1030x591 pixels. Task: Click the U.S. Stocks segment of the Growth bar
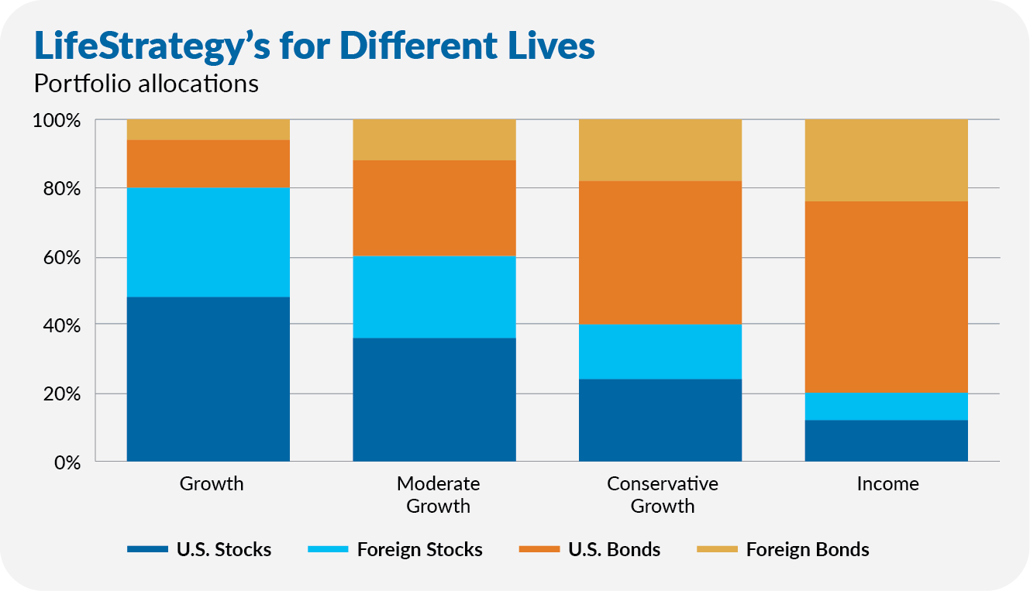click(208, 379)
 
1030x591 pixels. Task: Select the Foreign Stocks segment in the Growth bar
click(208, 242)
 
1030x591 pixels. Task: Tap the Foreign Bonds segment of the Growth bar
click(208, 129)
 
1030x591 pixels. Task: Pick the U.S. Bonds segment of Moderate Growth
click(434, 208)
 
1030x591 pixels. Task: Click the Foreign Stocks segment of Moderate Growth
click(434, 297)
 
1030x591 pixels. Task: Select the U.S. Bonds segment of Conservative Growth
click(660, 253)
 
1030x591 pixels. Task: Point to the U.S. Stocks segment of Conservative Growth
click(660, 420)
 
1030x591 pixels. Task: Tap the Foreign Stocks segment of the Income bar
click(887, 407)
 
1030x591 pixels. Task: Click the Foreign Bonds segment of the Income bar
click(887, 160)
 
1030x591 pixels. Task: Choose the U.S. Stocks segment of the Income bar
click(887, 441)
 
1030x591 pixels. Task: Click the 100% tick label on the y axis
click(57, 121)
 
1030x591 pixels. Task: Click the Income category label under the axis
click(887, 484)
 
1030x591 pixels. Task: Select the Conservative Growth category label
click(663, 495)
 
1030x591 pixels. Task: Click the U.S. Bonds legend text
click(614, 550)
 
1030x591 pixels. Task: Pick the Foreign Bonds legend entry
click(807, 550)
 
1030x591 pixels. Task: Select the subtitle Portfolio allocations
click(146, 84)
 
